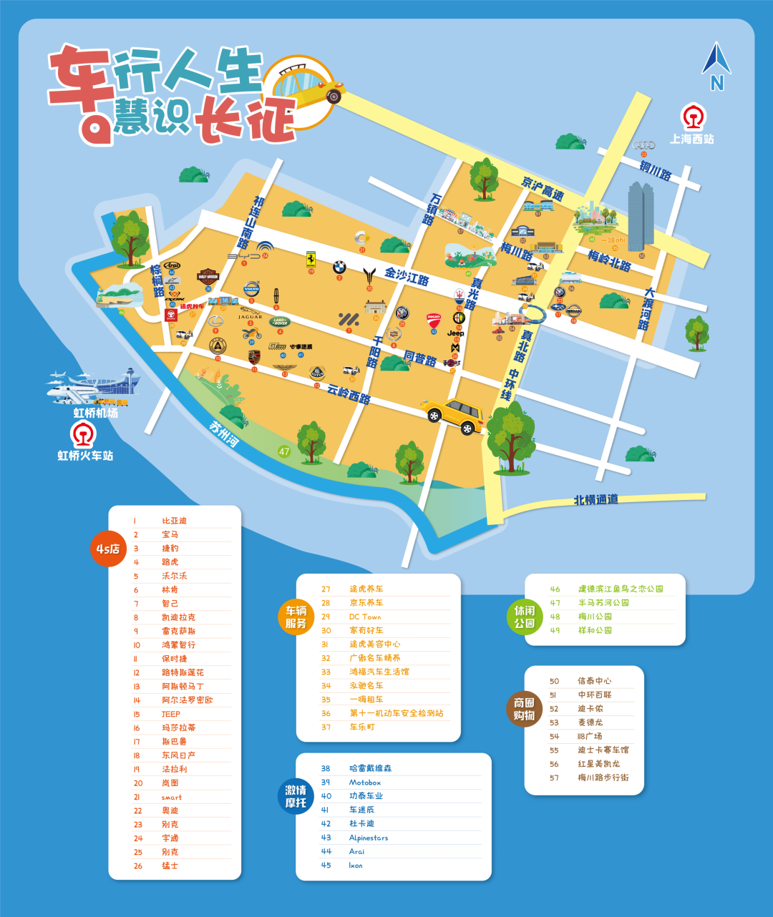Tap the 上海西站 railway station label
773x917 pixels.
[x=691, y=139]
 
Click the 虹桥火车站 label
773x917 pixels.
[x=85, y=455]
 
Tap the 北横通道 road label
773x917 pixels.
[x=595, y=499]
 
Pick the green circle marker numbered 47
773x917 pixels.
[x=284, y=451]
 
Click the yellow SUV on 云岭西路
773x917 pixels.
[x=453, y=416]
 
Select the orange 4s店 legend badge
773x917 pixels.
[x=107, y=549]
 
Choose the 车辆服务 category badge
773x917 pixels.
[x=296, y=617]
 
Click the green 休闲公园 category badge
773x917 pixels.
[x=524, y=617]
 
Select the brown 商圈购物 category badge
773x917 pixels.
[x=524, y=709]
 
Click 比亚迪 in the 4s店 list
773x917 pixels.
[x=174, y=521]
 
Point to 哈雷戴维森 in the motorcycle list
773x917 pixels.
[x=370, y=768]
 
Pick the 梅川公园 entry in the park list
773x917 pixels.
[x=595, y=617]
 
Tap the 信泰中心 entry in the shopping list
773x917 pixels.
[x=594, y=681]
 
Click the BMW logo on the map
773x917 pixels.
[x=339, y=268]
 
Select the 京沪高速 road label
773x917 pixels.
[x=543, y=188]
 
